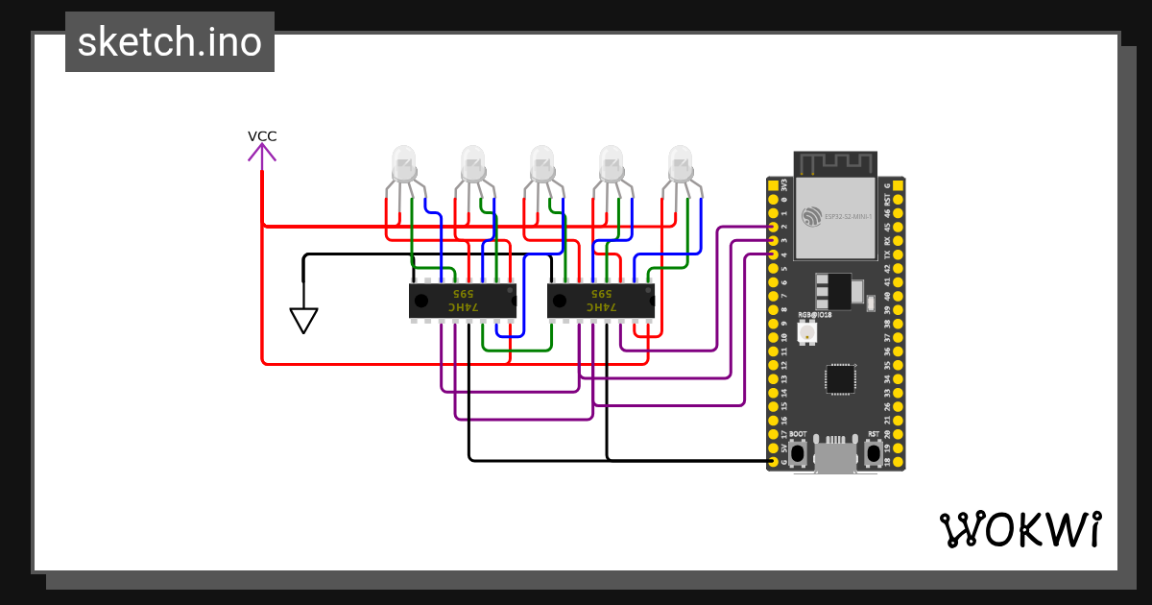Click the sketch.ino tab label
(170, 43)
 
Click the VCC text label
(262, 136)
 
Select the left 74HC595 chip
(463, 300)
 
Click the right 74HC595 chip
(601, 300)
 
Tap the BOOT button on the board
(799, 451)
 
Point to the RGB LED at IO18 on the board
(806, 333)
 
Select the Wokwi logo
(1020, 529)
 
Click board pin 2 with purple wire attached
(774, 227)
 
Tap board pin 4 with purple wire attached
(774, 254)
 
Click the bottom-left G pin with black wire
(774, 462)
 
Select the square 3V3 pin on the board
(774, 184)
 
